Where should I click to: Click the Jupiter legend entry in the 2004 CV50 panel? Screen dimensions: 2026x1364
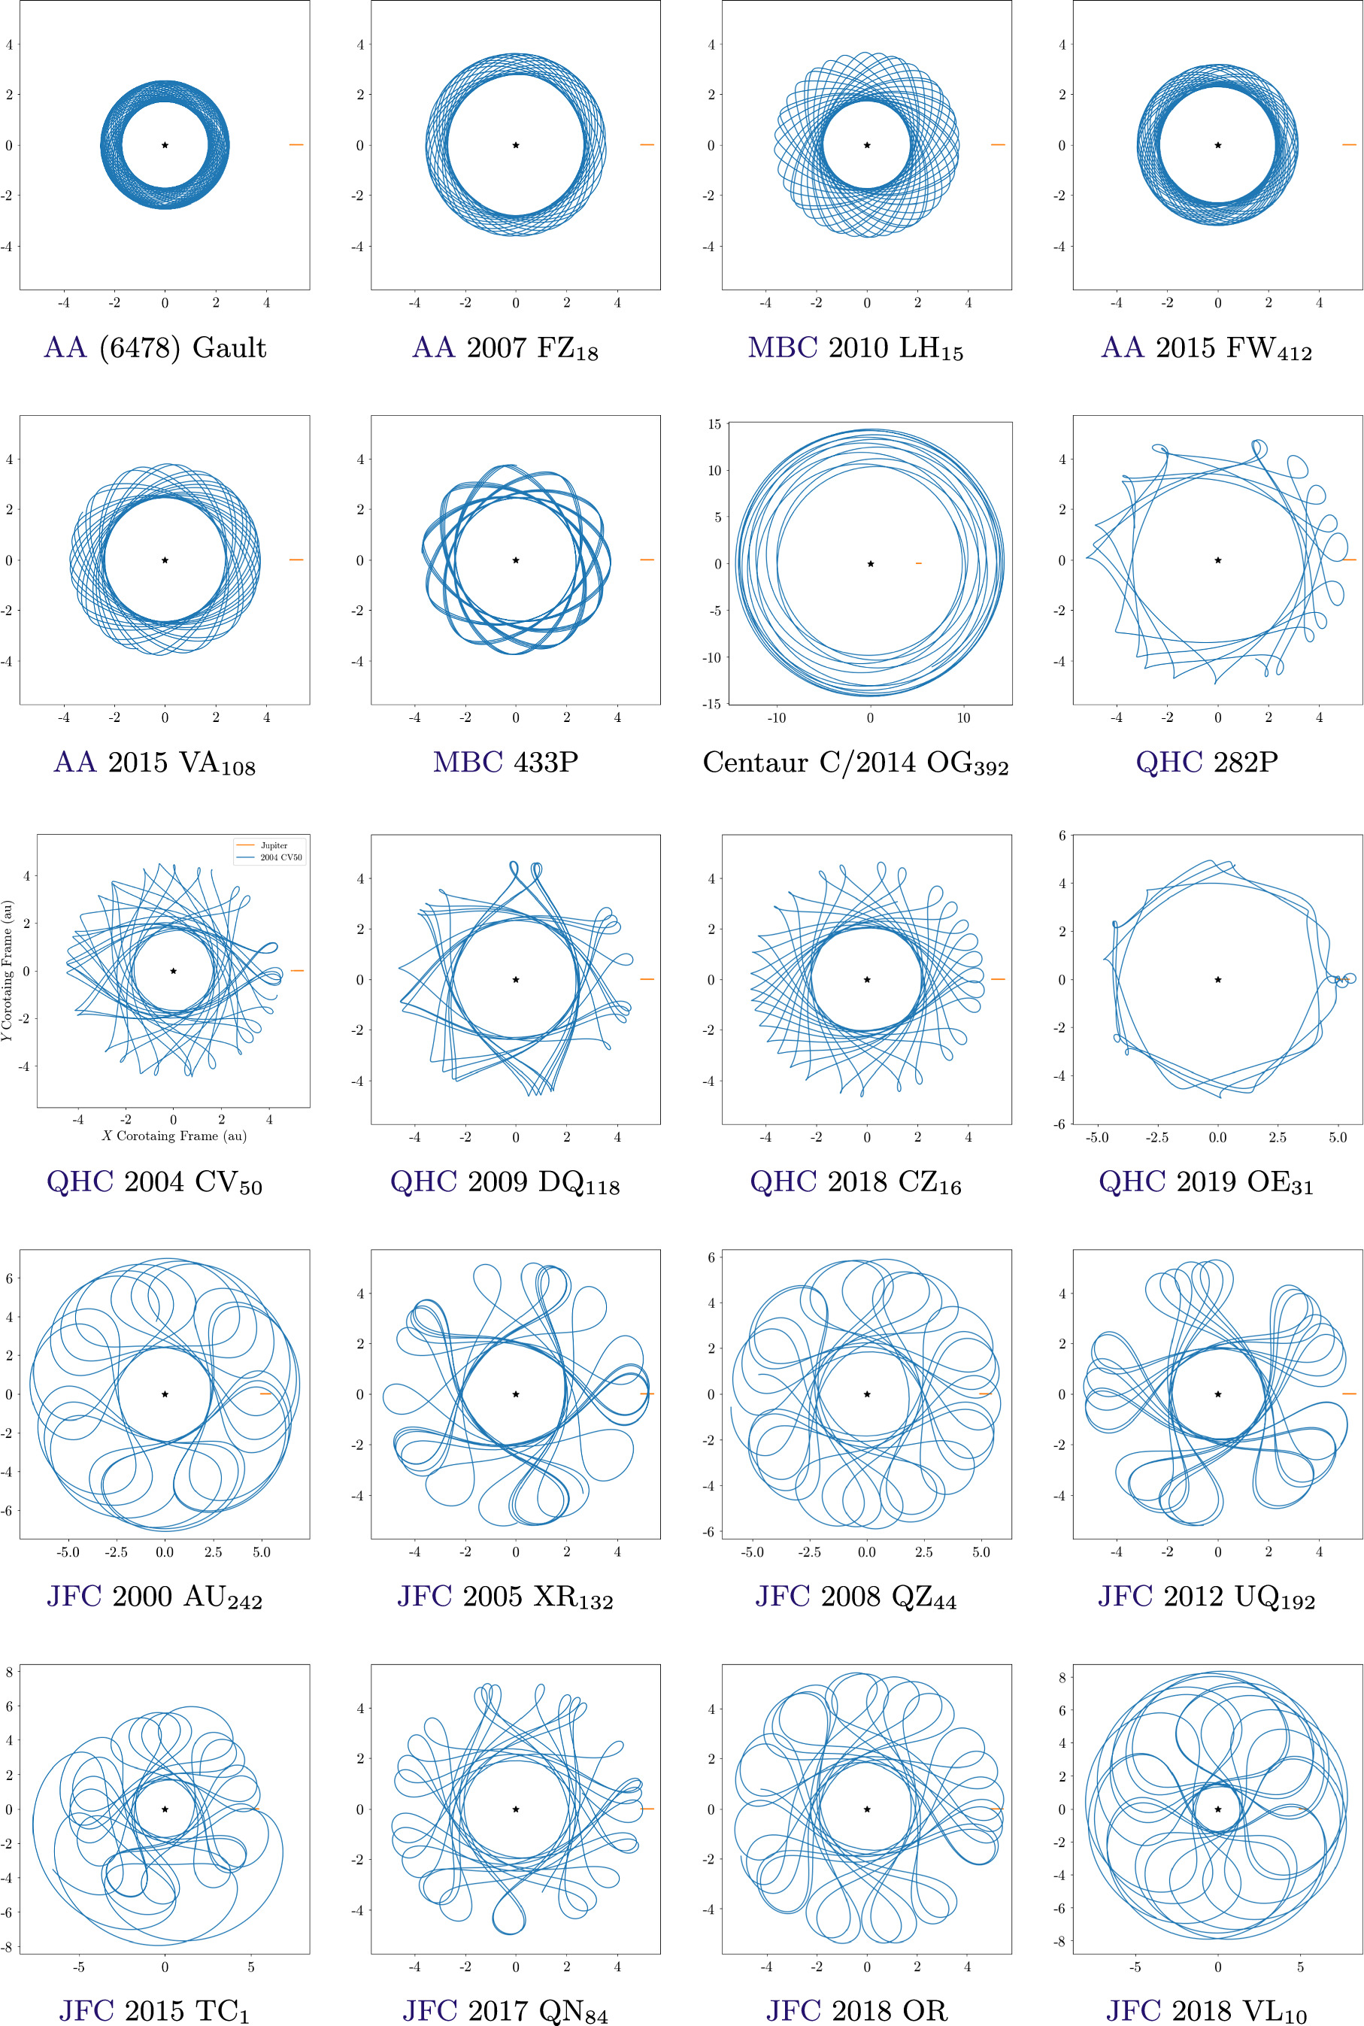pyautogui.click(x=273, y=845)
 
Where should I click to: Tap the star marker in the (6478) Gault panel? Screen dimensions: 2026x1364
pyautogui.click(x=165, y=145)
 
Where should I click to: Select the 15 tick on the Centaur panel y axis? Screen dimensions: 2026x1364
pyautogui.click(x=714, y=424)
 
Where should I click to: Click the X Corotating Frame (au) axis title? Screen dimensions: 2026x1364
pyautogui.click(x=173, y=1136)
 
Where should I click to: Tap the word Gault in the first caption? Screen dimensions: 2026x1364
pyautogui.click(x=229, y=347)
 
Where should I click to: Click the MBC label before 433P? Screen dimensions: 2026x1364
pyautogui.click(x=468, y=762)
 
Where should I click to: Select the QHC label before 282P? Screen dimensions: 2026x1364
pyautogui.click(x=1169, y=762)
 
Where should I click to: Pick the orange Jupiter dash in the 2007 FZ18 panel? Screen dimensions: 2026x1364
pyautogui.click(x=647, y=145)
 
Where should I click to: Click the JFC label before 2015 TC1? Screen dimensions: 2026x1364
pyautogui.click(x=86, y=2010)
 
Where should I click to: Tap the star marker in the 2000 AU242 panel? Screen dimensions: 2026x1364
pyautogui.click(x=165, y=1394)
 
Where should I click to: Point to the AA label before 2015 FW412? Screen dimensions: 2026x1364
pyautogui.click(x=1121, y=347)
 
